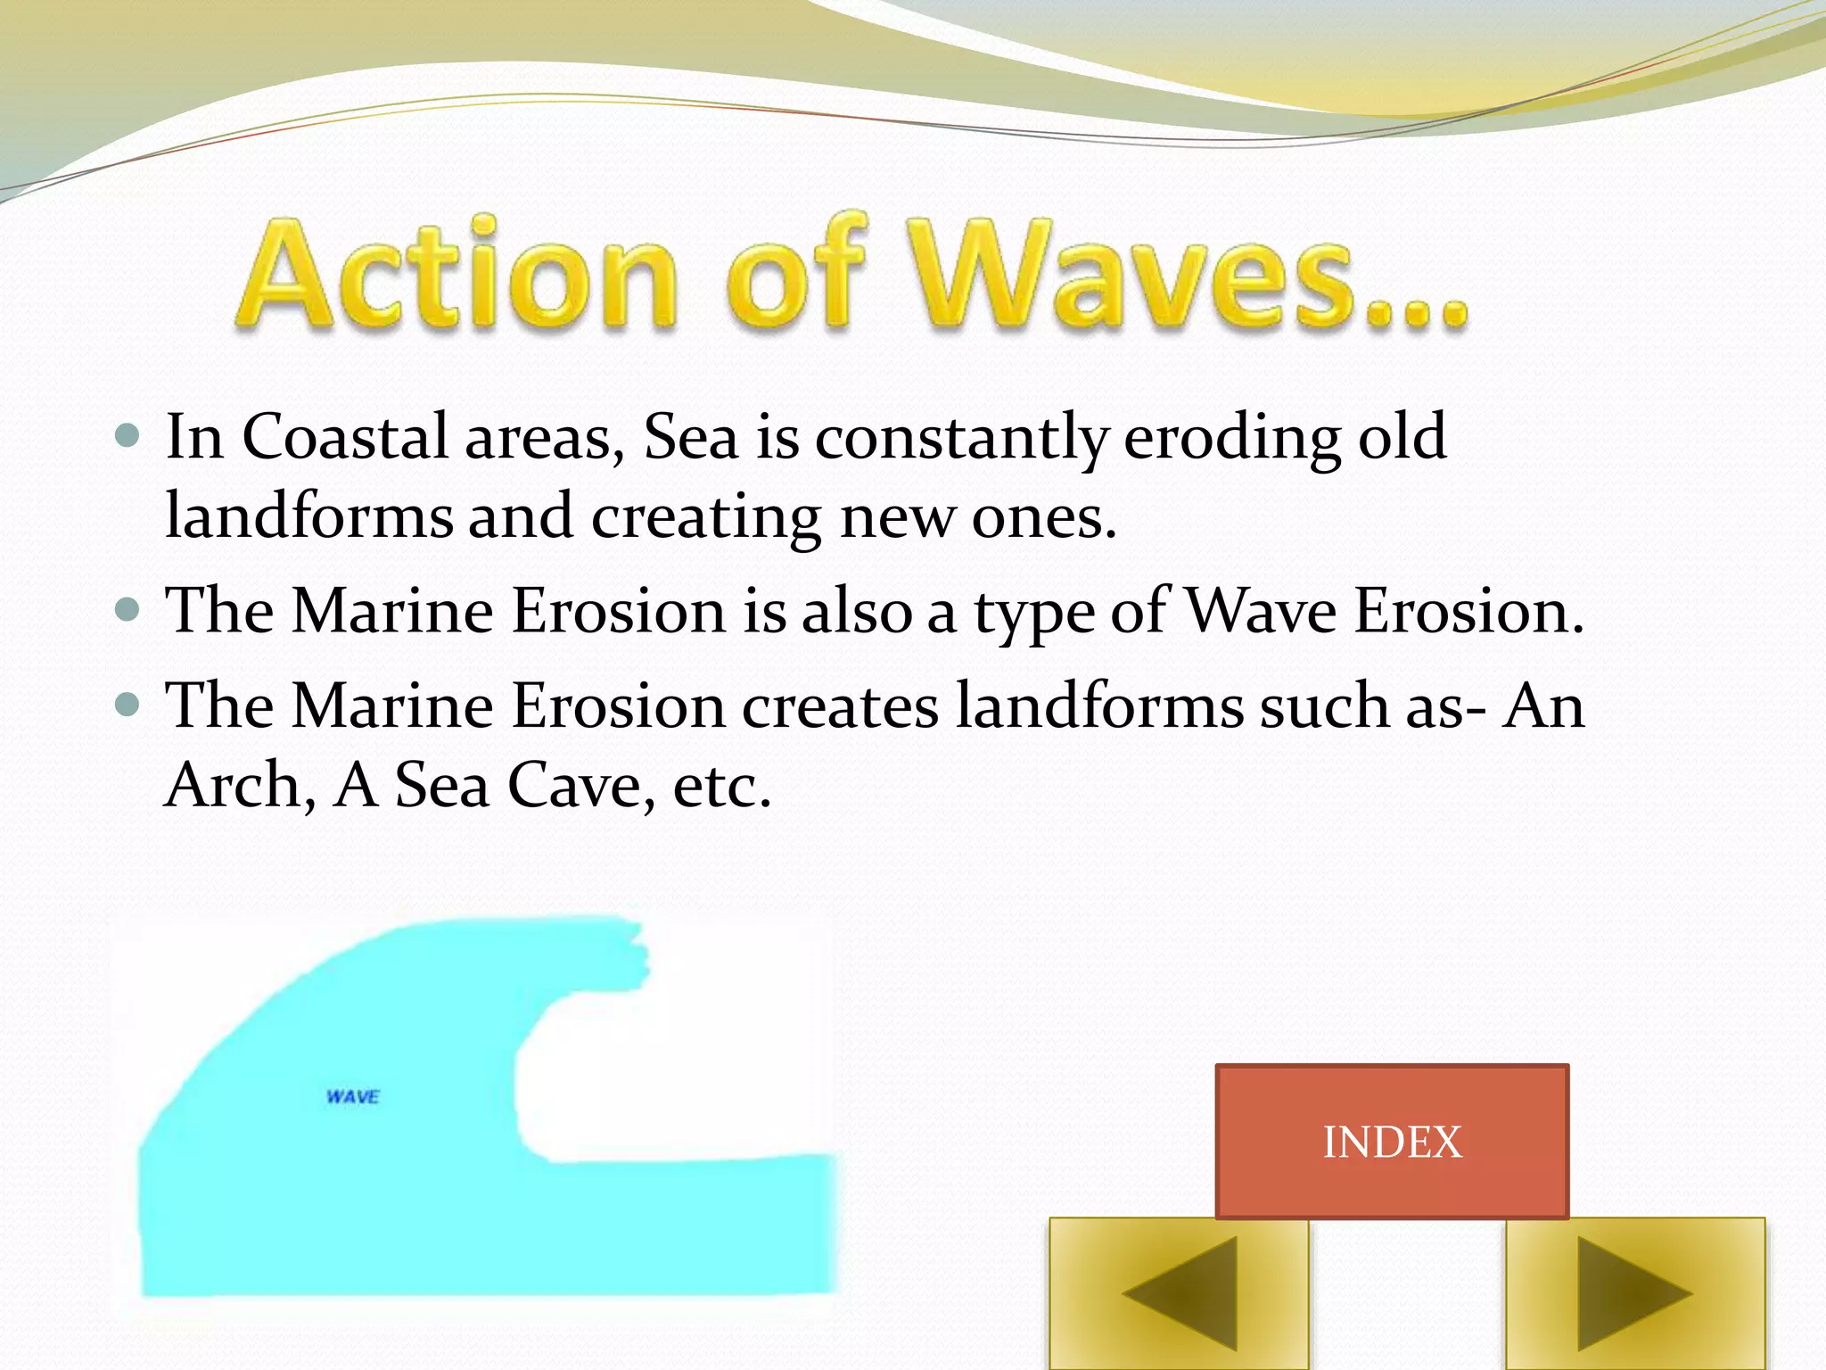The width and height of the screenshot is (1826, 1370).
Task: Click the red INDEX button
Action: tap(1391, 1141)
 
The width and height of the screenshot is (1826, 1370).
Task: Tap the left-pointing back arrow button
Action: tap(1179, 1293)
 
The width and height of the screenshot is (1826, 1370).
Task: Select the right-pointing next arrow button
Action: tap(1635, 1293)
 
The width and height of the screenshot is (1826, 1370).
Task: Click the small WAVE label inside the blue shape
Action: tap(353, 1096)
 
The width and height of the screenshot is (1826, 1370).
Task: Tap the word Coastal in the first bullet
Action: tap(345, 437)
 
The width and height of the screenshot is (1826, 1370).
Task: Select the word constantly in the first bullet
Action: tap(961, 439)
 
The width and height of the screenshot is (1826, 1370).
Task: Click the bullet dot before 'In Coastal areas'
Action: tap(128, 436)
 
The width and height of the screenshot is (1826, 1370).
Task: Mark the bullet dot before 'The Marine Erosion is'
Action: tap(128, 611)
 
